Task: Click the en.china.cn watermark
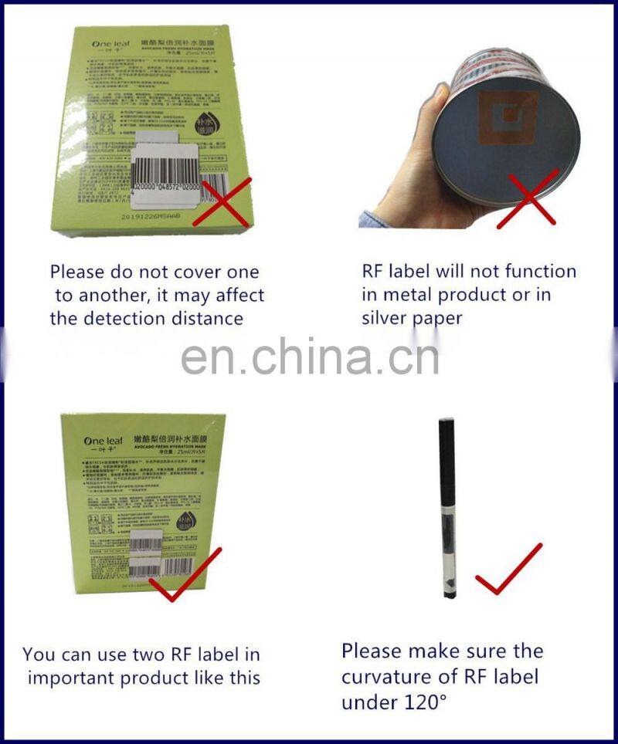[310, 356]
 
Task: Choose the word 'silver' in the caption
[383, 318]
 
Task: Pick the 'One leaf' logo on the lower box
[103, 441]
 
